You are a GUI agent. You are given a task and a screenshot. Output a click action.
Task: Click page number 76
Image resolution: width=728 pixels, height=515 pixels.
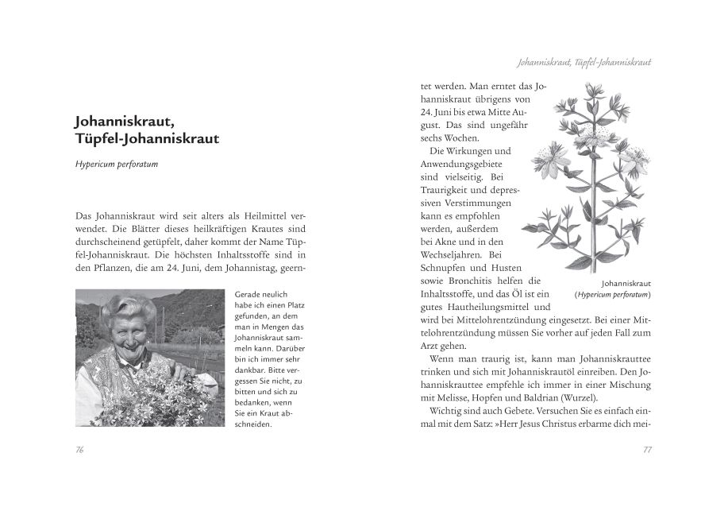point(79,449)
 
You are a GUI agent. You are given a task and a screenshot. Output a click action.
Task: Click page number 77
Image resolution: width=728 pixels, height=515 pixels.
point(647,449)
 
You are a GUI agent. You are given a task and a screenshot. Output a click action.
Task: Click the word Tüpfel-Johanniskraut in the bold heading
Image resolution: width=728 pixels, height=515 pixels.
point(147,139)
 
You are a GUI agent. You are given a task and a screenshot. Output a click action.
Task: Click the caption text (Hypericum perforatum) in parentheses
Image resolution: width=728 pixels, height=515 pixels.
point(612,294)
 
